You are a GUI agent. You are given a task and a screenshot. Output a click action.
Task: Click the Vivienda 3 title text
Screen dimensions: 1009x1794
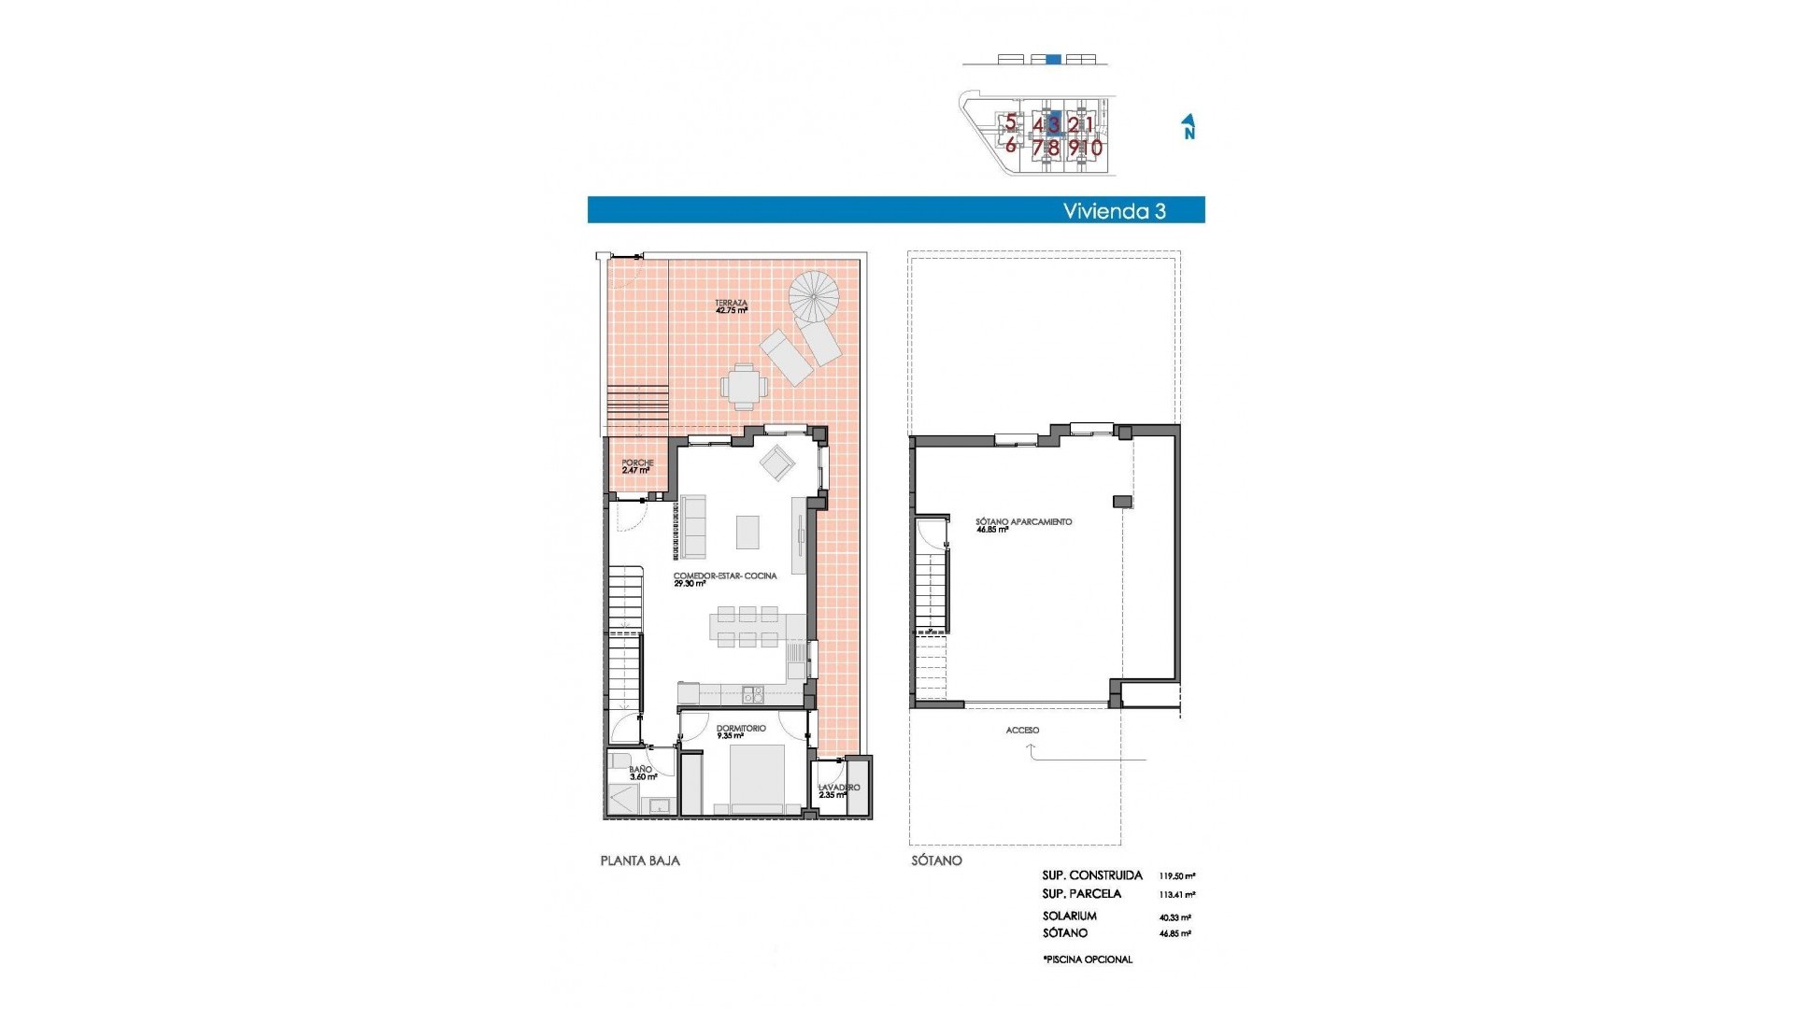[1114, 211]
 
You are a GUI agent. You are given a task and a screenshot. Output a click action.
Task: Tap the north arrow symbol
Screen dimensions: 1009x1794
[1189, 126]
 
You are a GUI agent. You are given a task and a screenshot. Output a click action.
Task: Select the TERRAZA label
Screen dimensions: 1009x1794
[731, 304]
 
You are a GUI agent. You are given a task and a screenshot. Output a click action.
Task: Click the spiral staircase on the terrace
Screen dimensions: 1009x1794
[814, 296]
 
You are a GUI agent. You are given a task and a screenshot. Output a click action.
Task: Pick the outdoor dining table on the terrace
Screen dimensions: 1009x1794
[744, 386]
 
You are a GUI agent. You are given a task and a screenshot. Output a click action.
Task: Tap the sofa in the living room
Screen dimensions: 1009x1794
[692, 527]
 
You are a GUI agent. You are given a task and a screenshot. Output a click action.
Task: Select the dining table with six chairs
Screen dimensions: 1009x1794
[746, 627]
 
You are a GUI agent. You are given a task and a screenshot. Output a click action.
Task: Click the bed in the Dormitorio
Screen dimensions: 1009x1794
[756, 779]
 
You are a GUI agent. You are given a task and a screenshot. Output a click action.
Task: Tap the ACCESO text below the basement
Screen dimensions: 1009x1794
[1022, 731]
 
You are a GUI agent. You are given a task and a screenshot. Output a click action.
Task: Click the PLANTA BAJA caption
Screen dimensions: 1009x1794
[640, 860]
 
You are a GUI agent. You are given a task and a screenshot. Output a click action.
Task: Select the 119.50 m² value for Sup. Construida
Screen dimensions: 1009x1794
[1176, 876]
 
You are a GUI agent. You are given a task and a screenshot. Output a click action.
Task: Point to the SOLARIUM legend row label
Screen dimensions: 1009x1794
[1070, 917]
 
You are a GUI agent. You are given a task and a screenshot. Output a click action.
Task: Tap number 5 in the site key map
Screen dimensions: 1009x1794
[1010, 121]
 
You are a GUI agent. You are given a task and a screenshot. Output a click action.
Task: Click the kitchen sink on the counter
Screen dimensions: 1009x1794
[752, 694]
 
